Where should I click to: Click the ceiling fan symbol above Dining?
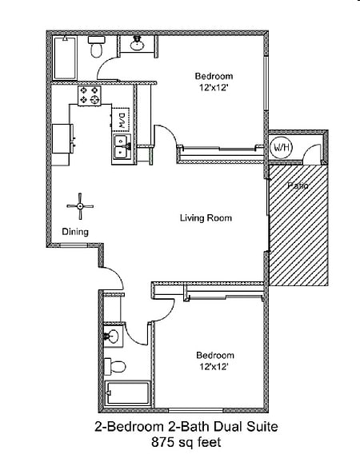(x=80, y=206)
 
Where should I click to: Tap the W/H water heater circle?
(x=282, y=147)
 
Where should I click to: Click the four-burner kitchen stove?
(x=90, y=96)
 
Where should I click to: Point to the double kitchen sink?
(x=122, y=149)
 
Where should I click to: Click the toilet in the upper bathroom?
(x=96, y=47)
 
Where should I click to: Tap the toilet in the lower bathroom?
(x=114, y=366)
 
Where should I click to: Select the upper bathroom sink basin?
(x=137, y=44)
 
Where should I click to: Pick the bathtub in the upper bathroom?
(x=65, y=58)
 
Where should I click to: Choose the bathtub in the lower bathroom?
(x=127, y=392)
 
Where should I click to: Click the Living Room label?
(x=206, y=218)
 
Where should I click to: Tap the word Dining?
(x=75, y=232)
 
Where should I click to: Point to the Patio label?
(x=298, y=185)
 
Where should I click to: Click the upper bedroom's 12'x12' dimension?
(x=214, y=88)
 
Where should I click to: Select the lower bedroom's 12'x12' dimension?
(x=214, y=367)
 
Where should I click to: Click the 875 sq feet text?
(x=186, y=443)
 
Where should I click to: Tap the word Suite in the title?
(x=262, y=426)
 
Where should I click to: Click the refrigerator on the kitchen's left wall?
(x=62, y=138)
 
